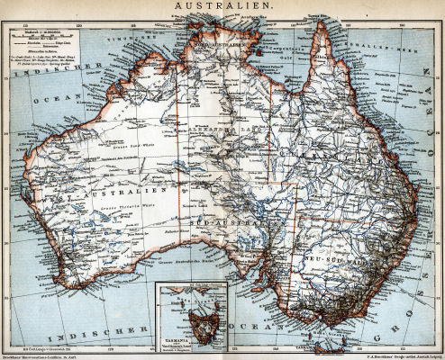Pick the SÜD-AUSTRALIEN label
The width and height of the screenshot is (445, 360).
point(234,219)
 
